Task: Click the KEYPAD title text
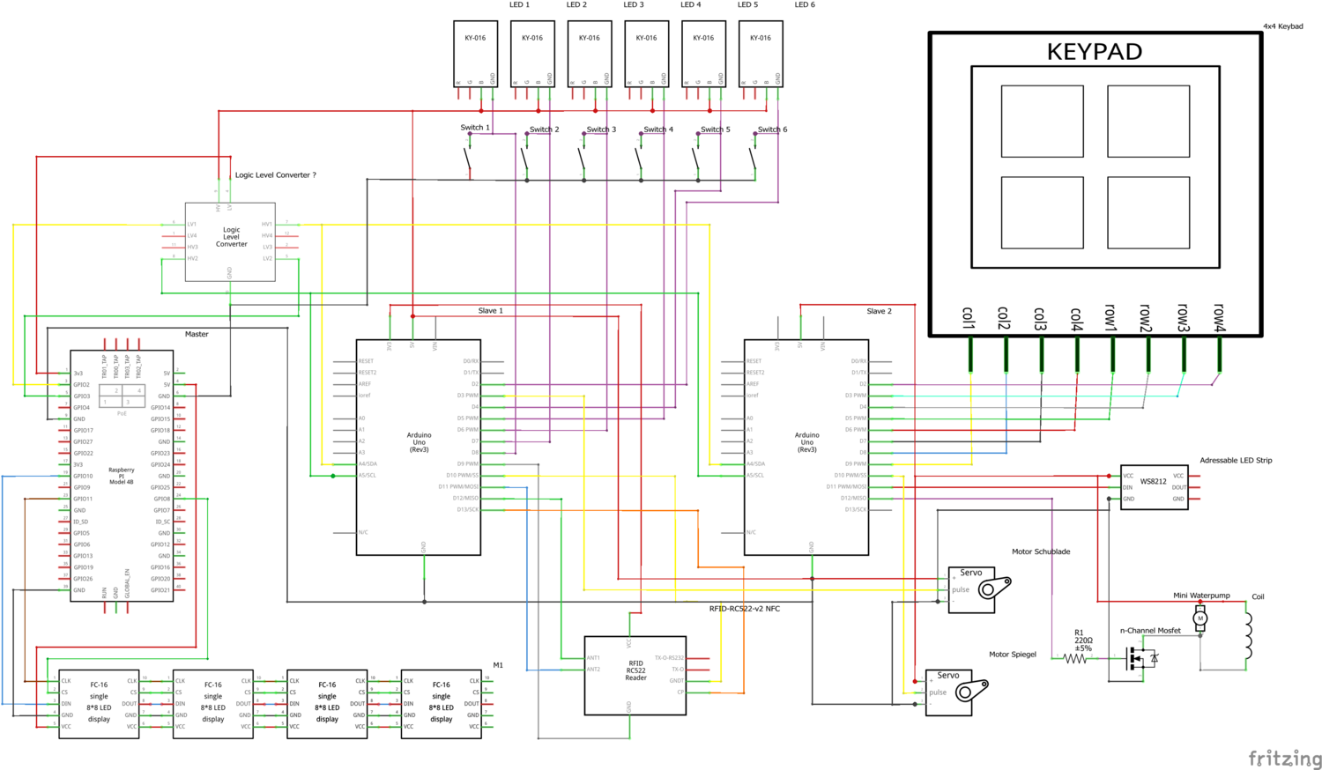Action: click(1094, 52)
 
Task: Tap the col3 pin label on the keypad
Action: click(1041, 318)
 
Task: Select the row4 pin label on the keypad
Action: click(1220, 318)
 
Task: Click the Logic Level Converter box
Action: click(230, 241)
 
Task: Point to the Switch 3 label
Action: click(601, 130)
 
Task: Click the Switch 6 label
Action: click(773, 130)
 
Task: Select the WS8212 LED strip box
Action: click(1154, 487)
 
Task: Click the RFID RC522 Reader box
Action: click(635, 675)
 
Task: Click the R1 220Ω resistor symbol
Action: click(1075, 658)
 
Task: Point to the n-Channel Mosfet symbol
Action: click(1140, 657)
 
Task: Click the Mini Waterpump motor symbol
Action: click(1199, 618)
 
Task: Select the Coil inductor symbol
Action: click(1248, 636)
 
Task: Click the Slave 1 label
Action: click(490, 311)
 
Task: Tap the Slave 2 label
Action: click(879, 311)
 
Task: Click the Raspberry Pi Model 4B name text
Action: click(121, 476)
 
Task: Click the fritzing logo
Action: click(1284, 758)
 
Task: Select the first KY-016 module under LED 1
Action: click(475, 54)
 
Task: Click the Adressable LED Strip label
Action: click(1236, 461)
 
